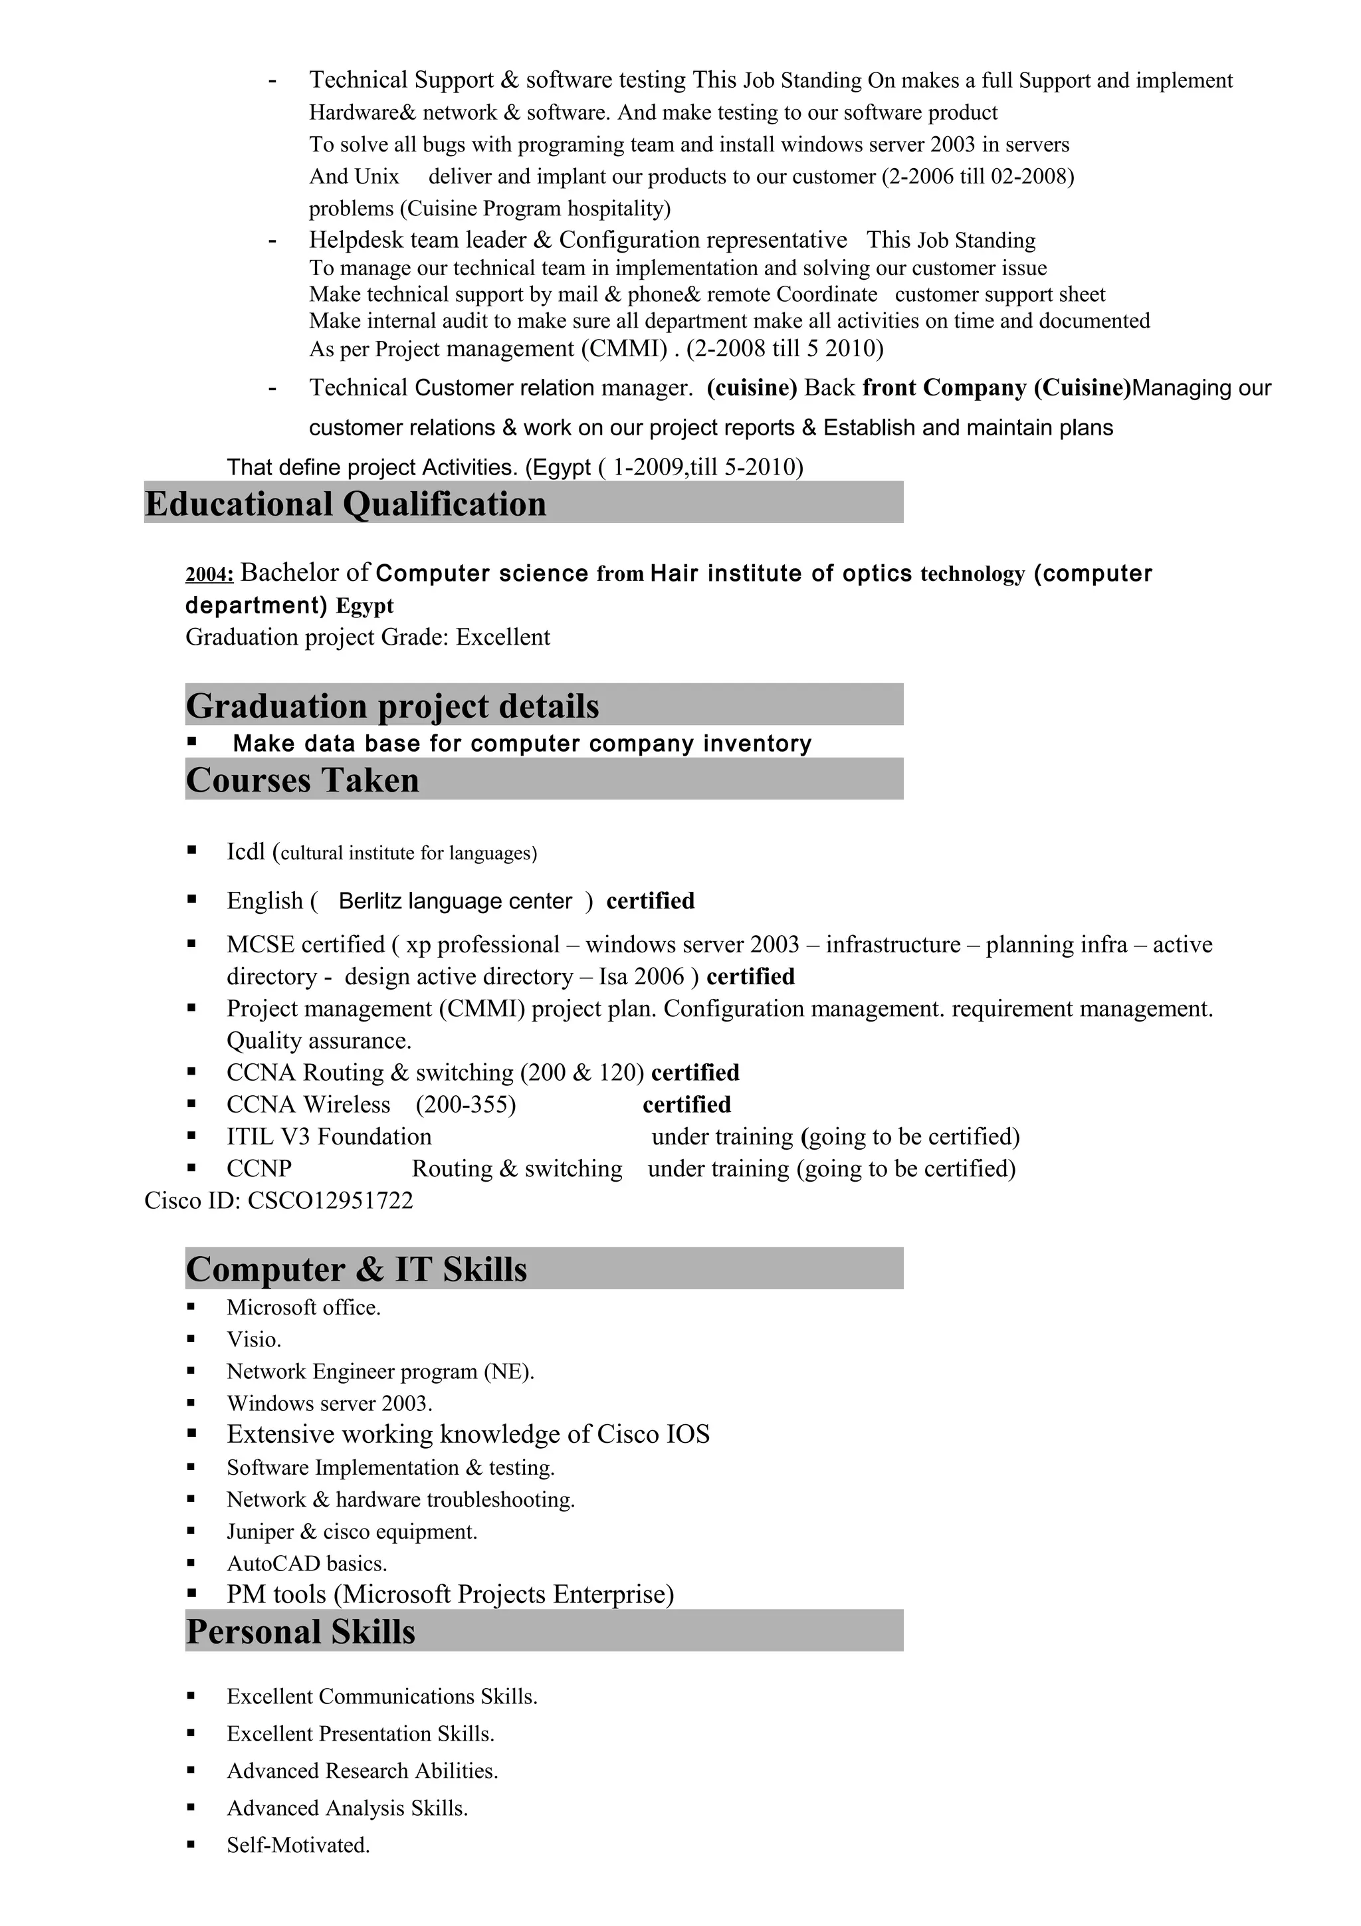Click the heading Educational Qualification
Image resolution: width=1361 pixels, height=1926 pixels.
tap(345, 504)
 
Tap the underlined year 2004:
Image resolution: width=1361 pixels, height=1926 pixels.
tap(209, 575)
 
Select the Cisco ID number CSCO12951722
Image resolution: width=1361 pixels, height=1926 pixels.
tap(330, 1200)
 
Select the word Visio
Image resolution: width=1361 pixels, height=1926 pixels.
tap(252, 1340)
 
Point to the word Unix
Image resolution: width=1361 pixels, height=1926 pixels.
tap(377, 177)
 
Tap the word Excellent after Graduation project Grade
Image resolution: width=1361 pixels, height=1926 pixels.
tap(502, 637)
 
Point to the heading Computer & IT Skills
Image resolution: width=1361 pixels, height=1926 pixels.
tap(356, 1270)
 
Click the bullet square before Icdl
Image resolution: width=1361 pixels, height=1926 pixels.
tap(191, 851)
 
